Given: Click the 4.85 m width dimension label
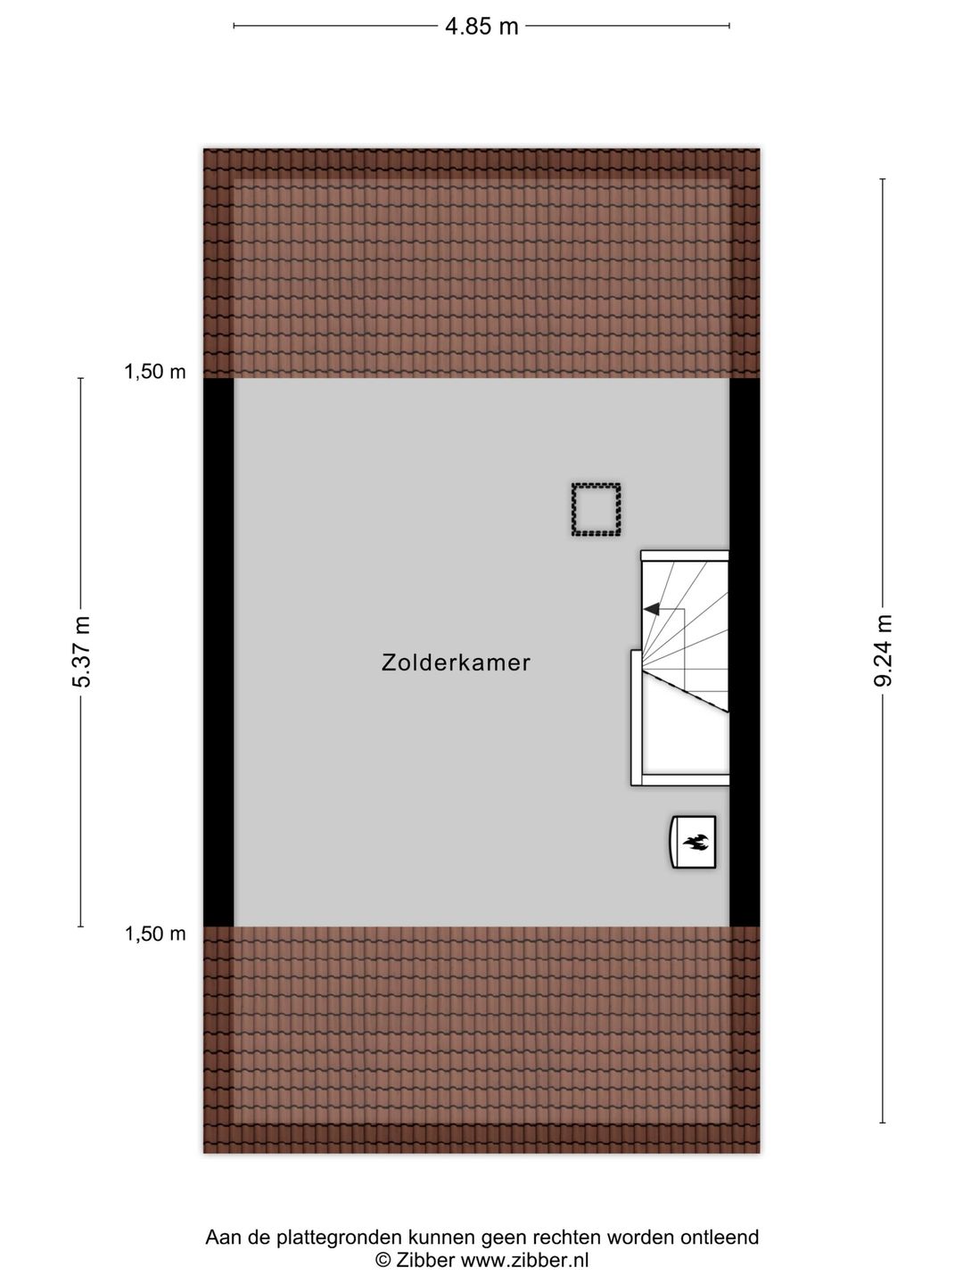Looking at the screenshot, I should point(481,26).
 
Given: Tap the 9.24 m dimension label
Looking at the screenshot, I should point(883,651).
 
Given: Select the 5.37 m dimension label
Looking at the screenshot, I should point(81,652).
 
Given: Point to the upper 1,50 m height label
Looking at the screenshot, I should point(155,373).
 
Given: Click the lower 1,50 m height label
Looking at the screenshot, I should point(155,934).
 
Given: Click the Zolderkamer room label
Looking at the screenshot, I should point(456,663).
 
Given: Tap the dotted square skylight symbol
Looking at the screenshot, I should point(596,510).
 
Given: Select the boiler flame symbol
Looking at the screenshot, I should point(695,841).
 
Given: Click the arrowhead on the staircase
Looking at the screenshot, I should point(651,609).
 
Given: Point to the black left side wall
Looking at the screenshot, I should point(218,652).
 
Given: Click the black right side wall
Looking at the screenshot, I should point(745,652).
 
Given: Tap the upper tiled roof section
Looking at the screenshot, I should point(481,263).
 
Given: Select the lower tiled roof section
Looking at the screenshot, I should point(481,1039).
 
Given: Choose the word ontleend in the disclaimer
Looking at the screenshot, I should point(720,1237).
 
